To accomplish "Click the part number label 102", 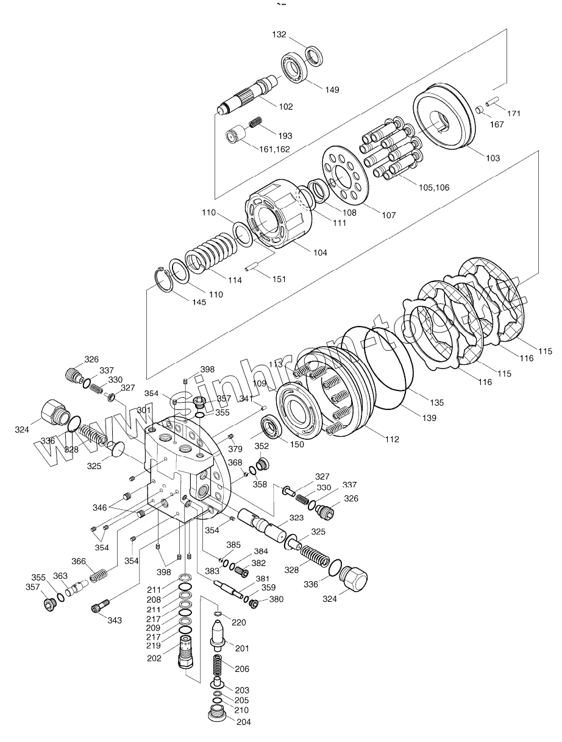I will click(x=286, y=107).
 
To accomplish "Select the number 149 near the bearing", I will click(x=332, y=90).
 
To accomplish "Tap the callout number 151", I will click(x=279, y=279).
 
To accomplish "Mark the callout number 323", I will click(x=296, y=518).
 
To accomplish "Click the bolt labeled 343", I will click(x=100, y=606).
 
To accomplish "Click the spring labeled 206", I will click(x=219, y=665).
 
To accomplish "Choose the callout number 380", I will click(x=276, y=599).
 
